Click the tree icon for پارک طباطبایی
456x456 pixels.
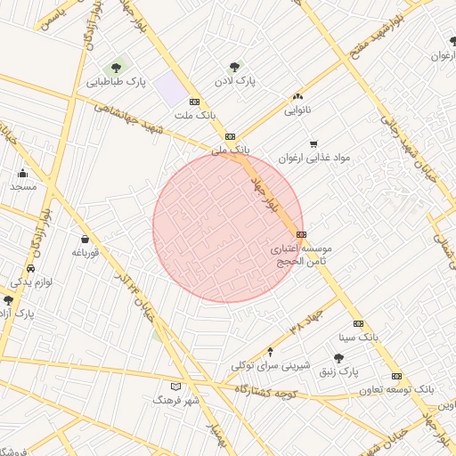click(x=115, y=68)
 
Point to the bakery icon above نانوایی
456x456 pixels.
click(x=297, y=97)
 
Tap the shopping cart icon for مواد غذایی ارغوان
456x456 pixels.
click(x=313, y=143)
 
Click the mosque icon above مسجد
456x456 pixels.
click(x=22, y=173)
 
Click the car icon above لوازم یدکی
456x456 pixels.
click(x=31, y=268)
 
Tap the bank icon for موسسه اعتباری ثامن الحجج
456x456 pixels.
click(x=302, y=234)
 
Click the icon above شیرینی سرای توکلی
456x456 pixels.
click(x=271, y=351)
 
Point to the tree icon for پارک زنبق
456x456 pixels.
click(x=338, y=357)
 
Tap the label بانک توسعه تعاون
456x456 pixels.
click(x=395, y=389)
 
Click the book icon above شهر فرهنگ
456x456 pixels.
click(x=175, y=387)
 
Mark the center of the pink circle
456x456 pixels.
click(x=228, y=227)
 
